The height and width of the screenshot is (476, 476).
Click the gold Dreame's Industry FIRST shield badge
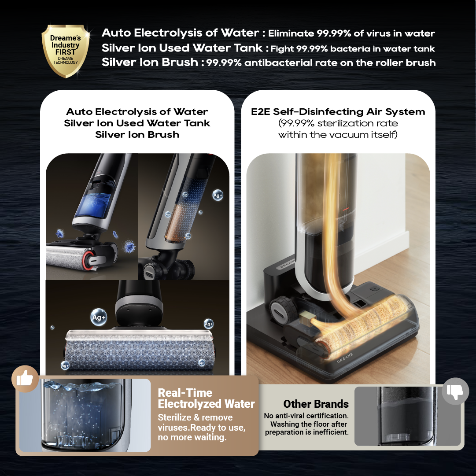tap(66, 51)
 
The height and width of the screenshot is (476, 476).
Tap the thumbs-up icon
tap(25, 379)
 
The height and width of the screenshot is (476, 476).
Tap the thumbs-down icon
tap(455, 391)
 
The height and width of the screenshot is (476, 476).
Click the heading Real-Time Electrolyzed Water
tap(206, 399)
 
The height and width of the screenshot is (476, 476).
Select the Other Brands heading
tap(316, 404)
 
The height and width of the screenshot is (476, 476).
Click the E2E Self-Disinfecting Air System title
tap(338, 112)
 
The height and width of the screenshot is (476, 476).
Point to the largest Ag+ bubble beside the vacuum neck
tap(99, 317)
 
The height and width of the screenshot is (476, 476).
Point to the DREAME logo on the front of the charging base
tap(345, 358)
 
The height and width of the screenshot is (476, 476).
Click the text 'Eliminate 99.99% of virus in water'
tap(351, 33)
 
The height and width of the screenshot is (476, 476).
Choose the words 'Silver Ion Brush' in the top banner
tap(150, 62)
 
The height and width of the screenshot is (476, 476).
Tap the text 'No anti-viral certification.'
tap(306, 416)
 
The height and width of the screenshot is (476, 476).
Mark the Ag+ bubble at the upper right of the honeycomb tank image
tap(218, 195)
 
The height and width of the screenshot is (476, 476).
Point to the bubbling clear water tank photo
tap(85, 415)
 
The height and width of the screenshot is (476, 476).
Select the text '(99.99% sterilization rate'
tap(338, 123)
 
